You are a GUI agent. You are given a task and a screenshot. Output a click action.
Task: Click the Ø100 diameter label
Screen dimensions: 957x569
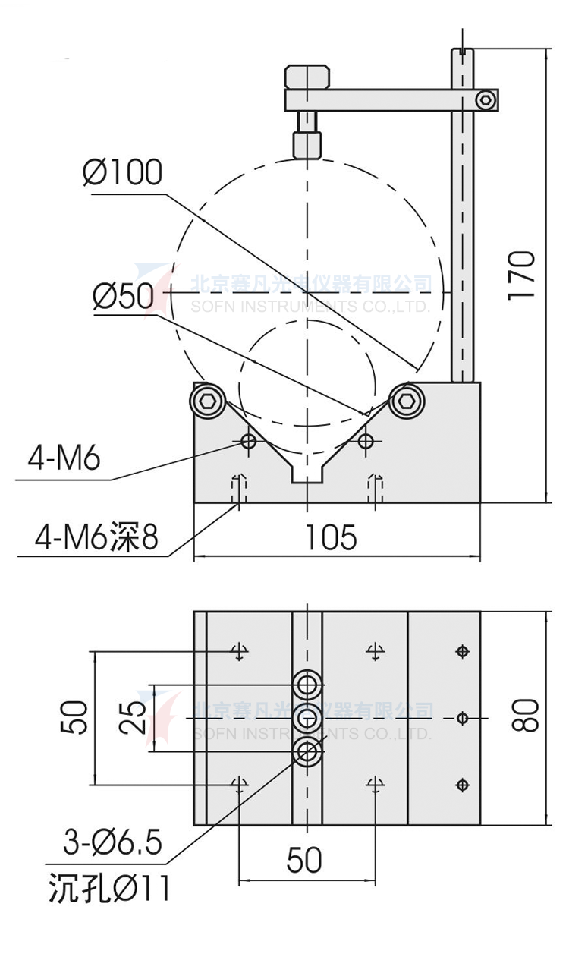pyautogui.click(x=123, y=173)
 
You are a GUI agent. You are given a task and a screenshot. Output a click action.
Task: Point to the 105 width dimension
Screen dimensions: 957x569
pyautogui.click(x=331, y=537)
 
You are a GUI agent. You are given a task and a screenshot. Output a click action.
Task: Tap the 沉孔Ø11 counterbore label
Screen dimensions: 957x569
pyautogui.click(x=109, y=887)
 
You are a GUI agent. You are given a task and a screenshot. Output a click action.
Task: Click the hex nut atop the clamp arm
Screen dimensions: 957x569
pyautogui.click(x=307, y=77)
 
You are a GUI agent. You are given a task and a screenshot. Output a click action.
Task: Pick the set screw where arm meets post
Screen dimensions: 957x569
pyautogui.click(x=485, y=99)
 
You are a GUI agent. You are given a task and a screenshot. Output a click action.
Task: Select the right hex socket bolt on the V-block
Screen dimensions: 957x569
pyautogui.click(x=407, y=401)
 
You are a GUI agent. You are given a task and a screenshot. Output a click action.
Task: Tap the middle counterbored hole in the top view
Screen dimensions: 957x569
pyautogui.click(x=307, y=718)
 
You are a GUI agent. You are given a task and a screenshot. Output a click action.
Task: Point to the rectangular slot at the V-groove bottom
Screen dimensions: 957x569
pyautogui.click(x=307, y=474)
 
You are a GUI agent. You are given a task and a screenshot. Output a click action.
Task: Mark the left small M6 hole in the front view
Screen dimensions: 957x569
pyautogui.click(x=247, y=440)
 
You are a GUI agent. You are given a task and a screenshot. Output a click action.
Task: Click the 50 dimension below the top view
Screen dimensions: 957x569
pyautogui.click(x=304, y=861)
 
